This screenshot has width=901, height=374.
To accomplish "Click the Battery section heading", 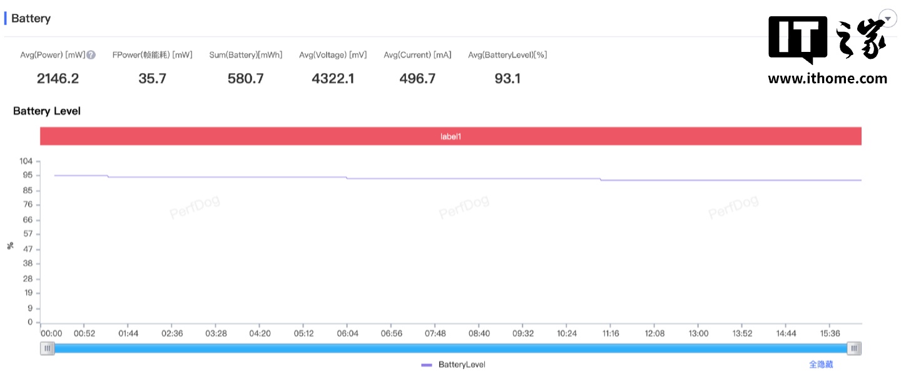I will (x=31, y=19).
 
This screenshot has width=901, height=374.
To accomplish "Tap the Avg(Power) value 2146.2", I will (x=58, y=79).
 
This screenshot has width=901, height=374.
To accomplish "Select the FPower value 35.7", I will (x=152, y=79).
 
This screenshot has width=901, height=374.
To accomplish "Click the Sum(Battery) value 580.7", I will (x=245, y=79).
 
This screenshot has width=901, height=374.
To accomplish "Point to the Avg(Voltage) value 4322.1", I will (x=333, y=79).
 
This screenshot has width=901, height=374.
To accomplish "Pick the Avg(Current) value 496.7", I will (x=417, y=79).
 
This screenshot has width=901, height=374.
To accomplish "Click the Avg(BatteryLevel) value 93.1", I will (x=507, y=79).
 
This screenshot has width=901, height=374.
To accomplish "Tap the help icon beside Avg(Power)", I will (x=91, y=55).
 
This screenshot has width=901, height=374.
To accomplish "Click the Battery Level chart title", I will (x=47, y=111).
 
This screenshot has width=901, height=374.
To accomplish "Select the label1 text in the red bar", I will (x=450, y=136).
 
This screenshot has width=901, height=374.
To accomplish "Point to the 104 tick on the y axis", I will (x=26, y=161).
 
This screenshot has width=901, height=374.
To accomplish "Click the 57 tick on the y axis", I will (x=28, y=234).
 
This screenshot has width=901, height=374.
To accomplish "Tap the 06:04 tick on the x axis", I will (x=348, y=334).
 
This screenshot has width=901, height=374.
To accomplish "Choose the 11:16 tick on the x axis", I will (x=611, y=334).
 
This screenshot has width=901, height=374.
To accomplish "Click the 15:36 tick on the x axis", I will (x=830, y=334).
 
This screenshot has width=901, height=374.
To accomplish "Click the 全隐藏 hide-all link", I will (x=821, y=365).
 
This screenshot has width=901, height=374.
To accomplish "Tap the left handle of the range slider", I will (x=47, y=348).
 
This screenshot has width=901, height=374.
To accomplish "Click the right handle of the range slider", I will (x=854, y=348).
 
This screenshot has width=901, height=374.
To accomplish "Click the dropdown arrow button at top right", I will (x=887, y=19).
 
